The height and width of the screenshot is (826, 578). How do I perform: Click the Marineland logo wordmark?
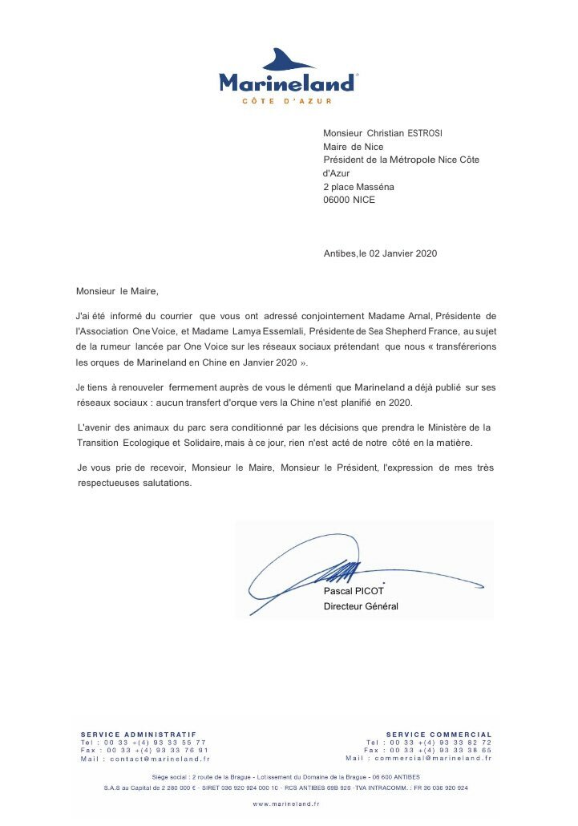[x=286, y=83]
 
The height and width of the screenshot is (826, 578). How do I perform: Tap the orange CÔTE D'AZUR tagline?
[x=286, y=101]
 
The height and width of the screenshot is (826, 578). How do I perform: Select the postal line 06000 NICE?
[x=349, y=200]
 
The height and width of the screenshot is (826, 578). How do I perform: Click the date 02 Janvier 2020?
[x=402, y=253]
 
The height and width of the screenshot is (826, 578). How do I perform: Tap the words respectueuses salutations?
[x=134, y=484]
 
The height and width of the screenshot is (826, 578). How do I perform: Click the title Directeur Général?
[x=361, y=606]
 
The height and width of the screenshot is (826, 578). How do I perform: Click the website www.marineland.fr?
[x=286, y=803]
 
